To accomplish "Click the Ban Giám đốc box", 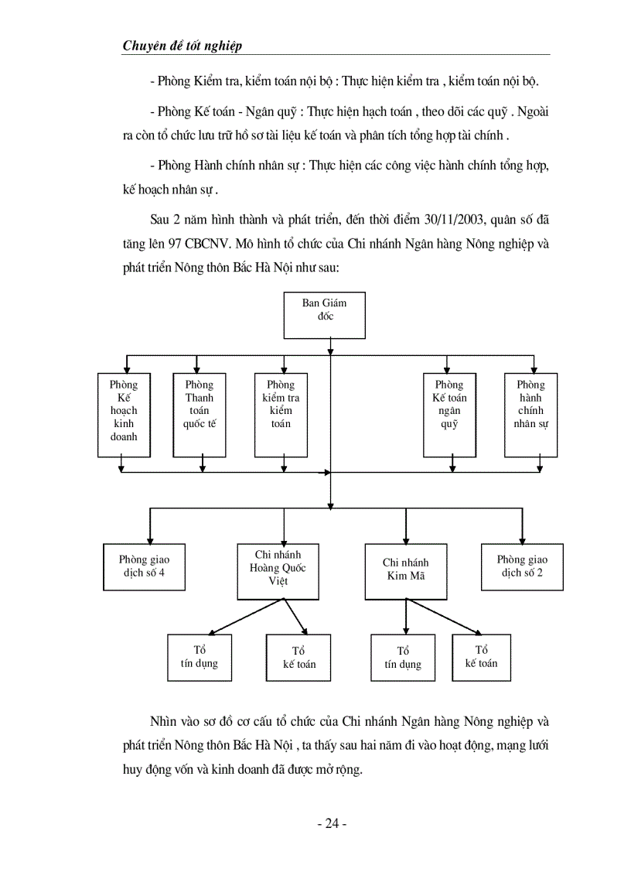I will pos(324,315).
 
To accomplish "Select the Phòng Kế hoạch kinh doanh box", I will pos(124,414).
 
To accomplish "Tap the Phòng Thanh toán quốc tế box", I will pos(200,414).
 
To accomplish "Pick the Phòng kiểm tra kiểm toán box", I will pos(281,414).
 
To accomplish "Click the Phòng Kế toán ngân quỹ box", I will pos(449,414).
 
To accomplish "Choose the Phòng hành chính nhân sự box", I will pos(530,414).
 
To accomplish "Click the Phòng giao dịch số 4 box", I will pos(144,566).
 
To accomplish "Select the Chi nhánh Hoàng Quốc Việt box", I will pos(278,571).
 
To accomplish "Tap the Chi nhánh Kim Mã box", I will pos(405,571).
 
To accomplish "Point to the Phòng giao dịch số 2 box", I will pos(522,566).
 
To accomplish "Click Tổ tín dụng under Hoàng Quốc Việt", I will pos(200,657).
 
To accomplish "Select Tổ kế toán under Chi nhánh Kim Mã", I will pos(481,657).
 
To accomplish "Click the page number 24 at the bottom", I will pos(332,824).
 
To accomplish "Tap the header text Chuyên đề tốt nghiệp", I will pos(182,46).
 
